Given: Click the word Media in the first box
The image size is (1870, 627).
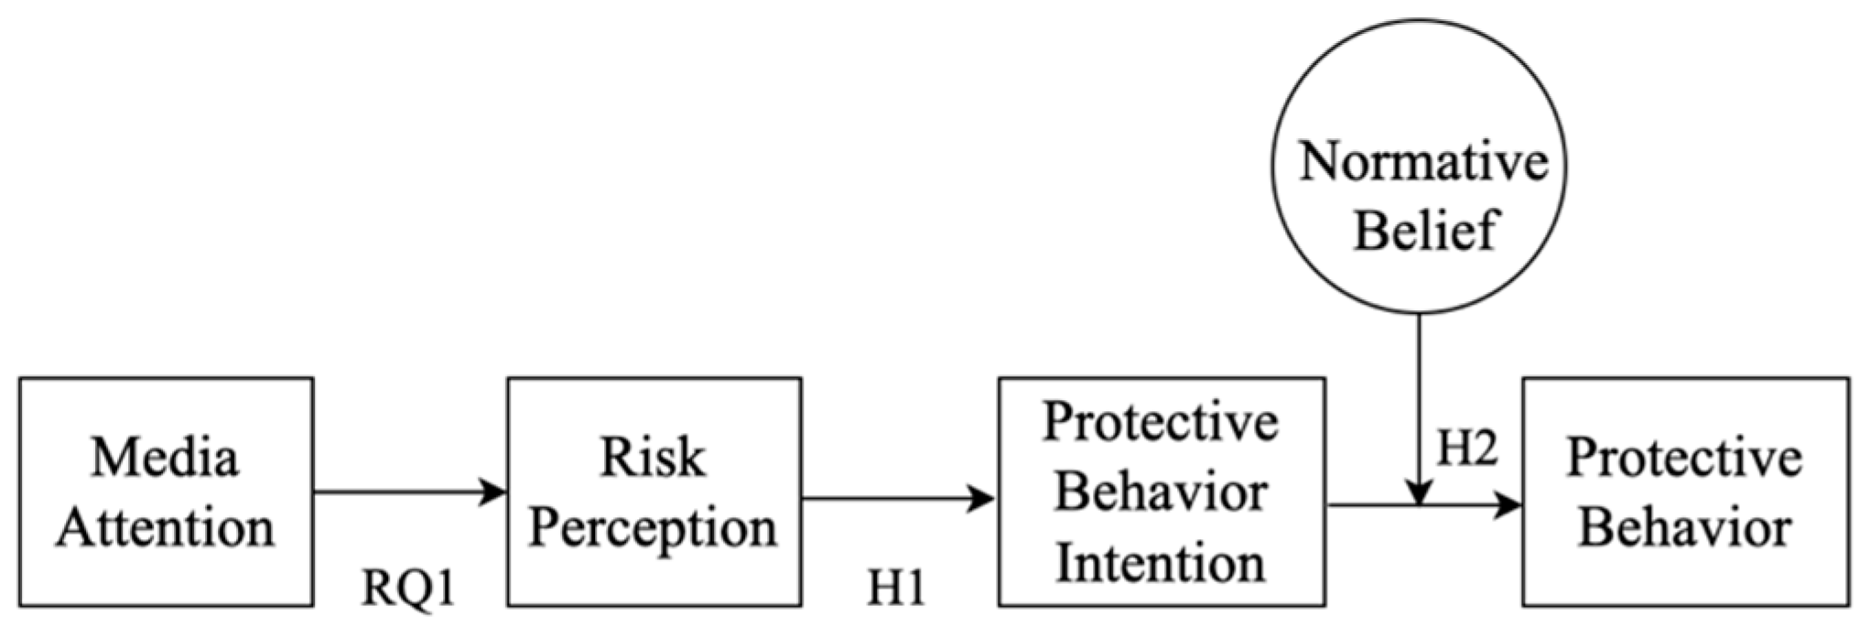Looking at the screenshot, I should tap(165, 457).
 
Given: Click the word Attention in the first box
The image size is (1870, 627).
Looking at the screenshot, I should tap(165, 528).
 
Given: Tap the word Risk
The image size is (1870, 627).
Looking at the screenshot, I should tap(653, 457).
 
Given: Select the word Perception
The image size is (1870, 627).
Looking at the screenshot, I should tap(653, 528).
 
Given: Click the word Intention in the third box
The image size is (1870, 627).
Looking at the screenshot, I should tap(1161, 563).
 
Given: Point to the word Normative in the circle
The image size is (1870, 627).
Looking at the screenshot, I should tap(1423, 162).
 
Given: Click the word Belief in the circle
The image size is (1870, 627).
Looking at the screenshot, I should tap(1423, 230).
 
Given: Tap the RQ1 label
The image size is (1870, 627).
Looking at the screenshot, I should tap(408, 588).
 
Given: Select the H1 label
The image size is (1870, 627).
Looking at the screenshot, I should tap(896, 588).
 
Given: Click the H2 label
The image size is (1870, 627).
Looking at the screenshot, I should tap(1467, 449).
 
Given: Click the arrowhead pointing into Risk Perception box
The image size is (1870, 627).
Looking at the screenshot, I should tap(495, 492).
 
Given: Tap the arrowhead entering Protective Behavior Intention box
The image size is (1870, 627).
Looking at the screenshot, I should tap(983, 499).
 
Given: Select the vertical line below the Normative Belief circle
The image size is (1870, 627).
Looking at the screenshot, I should tap(1419, 394).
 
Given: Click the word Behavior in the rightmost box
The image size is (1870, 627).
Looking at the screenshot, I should tap(1685, 528).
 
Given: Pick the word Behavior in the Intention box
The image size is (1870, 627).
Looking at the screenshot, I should tap(1161, 492).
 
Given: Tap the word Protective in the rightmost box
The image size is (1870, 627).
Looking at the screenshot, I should tap(1685, 457).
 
